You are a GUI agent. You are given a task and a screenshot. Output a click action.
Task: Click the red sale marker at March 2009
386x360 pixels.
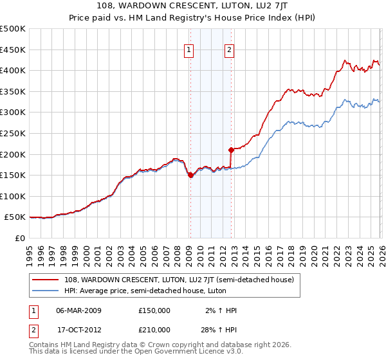(x=190, y=175)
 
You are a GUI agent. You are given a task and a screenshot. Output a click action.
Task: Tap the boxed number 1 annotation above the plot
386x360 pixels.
(x=189, y=51)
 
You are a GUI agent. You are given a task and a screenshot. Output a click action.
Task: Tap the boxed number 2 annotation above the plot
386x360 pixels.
(x=230, y=51)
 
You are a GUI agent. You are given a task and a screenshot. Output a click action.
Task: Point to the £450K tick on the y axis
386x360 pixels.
(x=13, y=50)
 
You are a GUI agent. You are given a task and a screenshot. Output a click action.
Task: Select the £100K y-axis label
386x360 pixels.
(x=13, y=197)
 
